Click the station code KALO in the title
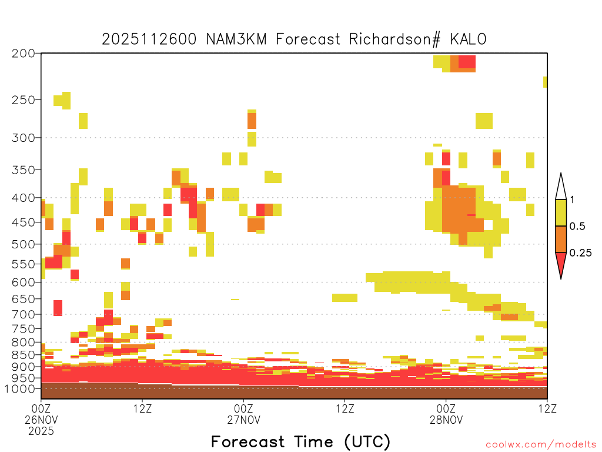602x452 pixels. click(x=468, y=39)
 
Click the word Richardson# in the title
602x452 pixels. click(x=394, y=39)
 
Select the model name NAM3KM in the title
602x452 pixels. click(x=236, y=39)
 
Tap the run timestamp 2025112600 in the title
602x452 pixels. click(x=149, y=39)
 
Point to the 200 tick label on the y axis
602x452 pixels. click(x=23, y=54)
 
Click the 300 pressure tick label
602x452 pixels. click(x=23, y=138)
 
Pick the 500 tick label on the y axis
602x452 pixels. click(x=23, y=244)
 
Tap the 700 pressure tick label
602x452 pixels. click(x=23, y=314)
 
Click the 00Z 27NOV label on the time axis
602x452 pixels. click(x=243, y=414)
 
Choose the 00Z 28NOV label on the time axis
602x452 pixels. click(x=446, y=414)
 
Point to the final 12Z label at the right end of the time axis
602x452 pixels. click(x=547, y=408)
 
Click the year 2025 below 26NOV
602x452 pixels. click(x=41, y=431)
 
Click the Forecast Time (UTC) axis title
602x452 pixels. click(x=300, y=442)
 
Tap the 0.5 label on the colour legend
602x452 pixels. click(x=577, y=226)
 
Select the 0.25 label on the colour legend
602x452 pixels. click(x=580, y=253)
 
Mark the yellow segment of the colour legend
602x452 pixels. click(x=561, y=212)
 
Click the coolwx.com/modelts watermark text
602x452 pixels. click(x=540, y=445)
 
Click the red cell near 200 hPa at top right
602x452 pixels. click(x=467, y=61)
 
